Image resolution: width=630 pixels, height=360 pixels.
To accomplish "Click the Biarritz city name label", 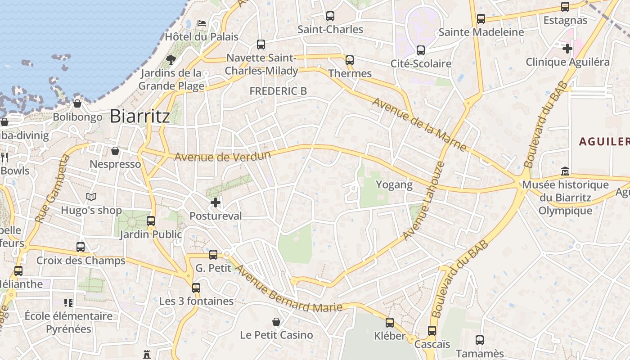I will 140,116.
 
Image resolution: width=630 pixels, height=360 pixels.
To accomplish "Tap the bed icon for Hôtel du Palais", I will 202,23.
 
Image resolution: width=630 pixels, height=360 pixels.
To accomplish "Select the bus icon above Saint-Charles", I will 330,16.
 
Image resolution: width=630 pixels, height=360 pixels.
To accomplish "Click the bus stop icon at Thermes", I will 350,60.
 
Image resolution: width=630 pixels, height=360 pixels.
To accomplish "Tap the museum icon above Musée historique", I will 565,171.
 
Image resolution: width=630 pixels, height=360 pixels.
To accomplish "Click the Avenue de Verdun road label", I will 222,157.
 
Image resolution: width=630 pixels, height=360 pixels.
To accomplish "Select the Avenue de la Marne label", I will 419,124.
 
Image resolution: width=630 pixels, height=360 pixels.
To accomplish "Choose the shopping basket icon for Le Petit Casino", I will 276,322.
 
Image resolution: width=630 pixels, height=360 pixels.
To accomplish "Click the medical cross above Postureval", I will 216,202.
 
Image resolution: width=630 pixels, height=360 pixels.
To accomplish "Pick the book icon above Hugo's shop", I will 91,197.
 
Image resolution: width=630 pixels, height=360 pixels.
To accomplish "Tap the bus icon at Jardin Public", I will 151,221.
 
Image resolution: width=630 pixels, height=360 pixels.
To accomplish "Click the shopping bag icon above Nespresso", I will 115,150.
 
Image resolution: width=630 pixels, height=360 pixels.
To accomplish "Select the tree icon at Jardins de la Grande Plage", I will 171,59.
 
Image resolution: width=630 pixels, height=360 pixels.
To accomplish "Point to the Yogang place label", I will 394,184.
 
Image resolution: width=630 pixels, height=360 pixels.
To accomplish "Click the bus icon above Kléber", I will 390,322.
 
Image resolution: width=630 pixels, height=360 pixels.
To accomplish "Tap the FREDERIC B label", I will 278,91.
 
